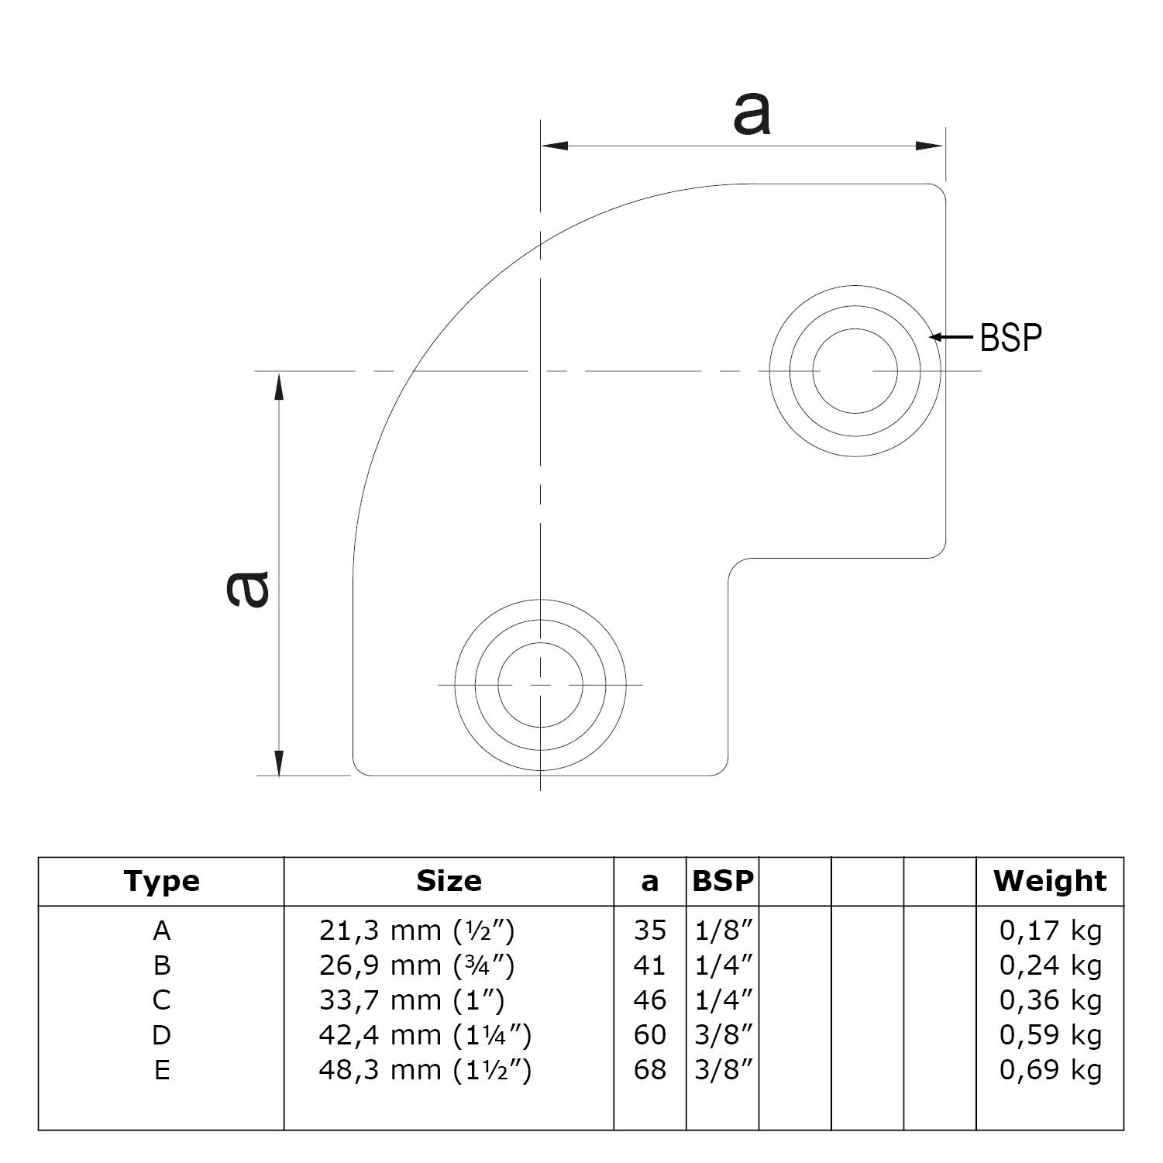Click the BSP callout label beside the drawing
tap(1010, 337)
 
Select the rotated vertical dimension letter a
tap(247, 588)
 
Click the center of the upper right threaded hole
tap(855, 371)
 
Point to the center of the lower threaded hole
tap(540, 685)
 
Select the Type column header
tap(161, 882)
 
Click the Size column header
tap(449, 881)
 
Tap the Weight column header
tap(1050, 881)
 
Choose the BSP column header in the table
tap(722, 881)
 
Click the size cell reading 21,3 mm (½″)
tap(417, 930)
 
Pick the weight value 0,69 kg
tap(1050, 1070)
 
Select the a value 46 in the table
tap(649, 1000)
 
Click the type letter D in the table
tap(161, 1035)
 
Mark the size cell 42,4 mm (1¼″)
tap(425, 1035)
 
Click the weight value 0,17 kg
tap(1050, 930)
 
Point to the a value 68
tap(649, 1070)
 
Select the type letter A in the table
tap(161, 930)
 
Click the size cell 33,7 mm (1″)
tap(411, 1000)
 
